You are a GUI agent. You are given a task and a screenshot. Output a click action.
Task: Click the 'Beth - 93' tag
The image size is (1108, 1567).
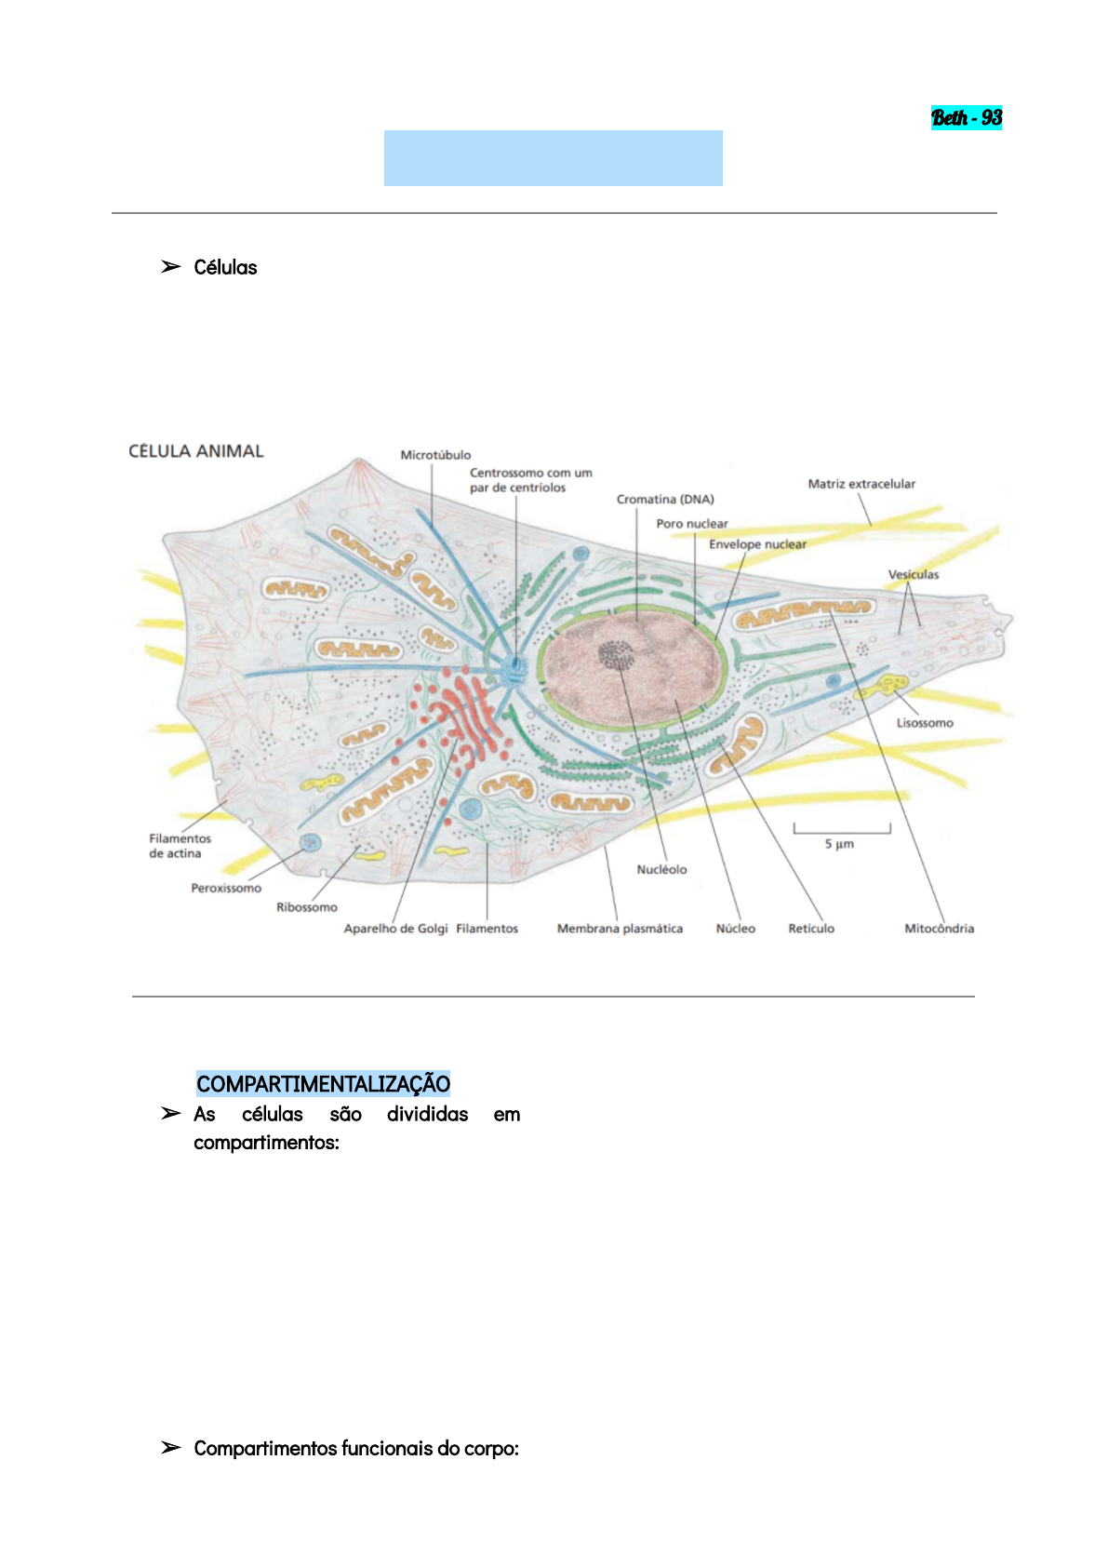tap(967, 118)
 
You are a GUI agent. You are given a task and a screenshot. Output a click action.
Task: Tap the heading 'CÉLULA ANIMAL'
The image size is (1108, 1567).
tap(196, 451)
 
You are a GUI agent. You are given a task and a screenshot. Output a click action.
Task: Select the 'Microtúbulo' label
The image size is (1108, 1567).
tap(435, 455)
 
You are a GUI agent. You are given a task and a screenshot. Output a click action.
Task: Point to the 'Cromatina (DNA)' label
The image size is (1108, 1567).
tap(665, 500)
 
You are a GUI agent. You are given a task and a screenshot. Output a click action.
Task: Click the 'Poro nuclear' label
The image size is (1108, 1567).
tap(692, 524)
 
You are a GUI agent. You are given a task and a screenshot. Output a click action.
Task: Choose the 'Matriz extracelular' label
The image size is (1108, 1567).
tap(861, 484)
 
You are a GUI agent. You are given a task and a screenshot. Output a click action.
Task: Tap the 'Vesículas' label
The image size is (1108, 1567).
tap(913, 575)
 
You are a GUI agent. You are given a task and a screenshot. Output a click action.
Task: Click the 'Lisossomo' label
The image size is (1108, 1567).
tap(925, 723)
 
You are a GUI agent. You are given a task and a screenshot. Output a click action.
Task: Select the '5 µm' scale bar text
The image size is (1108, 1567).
tap(839, 844)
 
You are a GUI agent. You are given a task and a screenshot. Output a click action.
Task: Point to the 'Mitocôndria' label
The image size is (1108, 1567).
tap(940, 929)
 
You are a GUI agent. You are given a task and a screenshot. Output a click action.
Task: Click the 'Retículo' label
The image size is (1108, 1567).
tap(811, 929)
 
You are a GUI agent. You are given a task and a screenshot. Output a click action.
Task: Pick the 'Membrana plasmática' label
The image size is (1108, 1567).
tap(620, 929)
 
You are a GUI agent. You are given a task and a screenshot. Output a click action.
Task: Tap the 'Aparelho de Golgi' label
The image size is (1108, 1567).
tap(395, 929)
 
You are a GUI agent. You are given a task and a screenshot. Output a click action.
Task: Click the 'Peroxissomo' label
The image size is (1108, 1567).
tap(226, 889)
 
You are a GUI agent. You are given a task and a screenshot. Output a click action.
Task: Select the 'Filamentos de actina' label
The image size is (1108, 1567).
tap(180, 846)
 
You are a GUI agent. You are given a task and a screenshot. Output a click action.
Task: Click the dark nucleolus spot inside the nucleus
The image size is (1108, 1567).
tap(615, 655)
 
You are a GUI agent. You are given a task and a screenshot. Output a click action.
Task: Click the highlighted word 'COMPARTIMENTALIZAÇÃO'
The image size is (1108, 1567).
tap(323, 1084)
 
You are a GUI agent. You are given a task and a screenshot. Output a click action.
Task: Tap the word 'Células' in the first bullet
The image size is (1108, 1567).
tap(225, 268)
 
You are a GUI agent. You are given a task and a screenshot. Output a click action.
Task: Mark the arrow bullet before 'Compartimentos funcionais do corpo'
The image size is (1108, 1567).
tap(170, 1448)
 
